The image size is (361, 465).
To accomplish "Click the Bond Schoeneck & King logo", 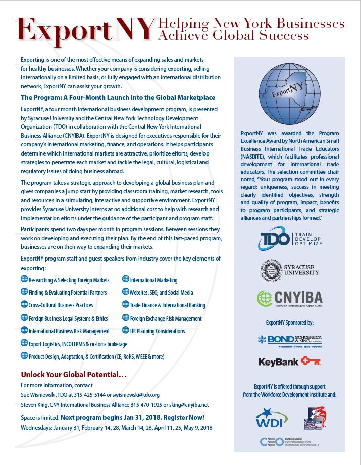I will tap(289, 339).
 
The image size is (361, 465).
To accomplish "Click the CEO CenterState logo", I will tap(289, 442).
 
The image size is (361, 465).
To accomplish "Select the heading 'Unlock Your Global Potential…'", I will tap(74, 375).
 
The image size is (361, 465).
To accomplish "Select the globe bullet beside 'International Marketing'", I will tap(126, 279).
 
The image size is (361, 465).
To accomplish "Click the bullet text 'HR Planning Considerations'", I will tap(158, 331).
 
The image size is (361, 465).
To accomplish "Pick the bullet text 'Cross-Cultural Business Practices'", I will tap(61, 305).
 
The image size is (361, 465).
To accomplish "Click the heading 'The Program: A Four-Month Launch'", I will tap(118, 97).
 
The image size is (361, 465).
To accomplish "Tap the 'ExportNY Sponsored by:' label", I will tap(289, 322).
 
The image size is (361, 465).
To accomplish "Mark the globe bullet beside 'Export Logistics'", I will tap(24, 343).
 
